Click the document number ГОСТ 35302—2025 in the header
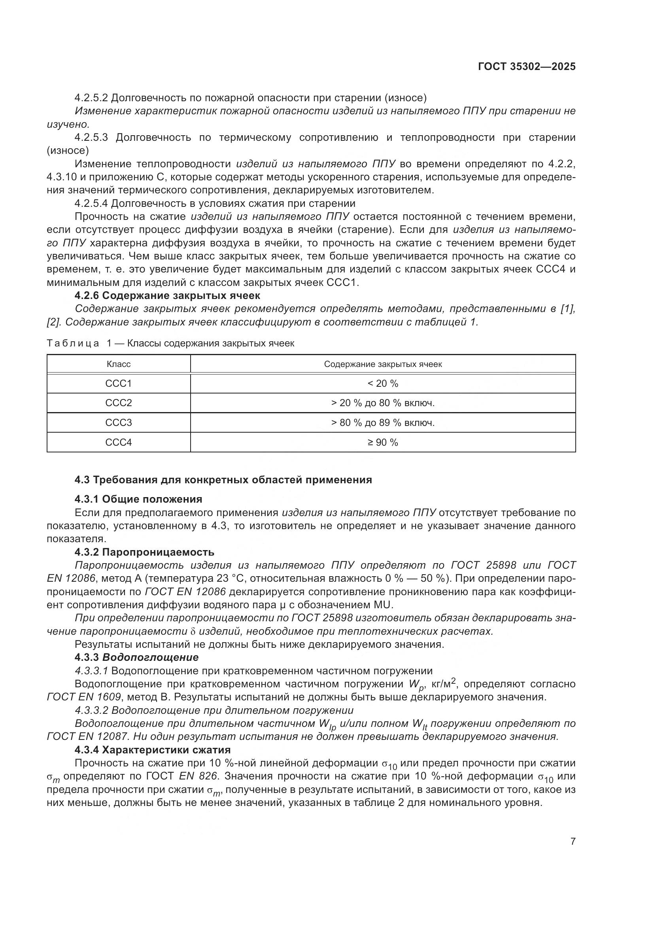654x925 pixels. coord(526,66)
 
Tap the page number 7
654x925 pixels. coord(573,842)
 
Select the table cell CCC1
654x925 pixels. coord(118,384)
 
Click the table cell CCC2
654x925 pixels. coord(118,403)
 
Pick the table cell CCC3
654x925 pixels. coord(118,423)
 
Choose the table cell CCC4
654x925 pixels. coord(118,443)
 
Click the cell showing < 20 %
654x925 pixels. coord(383,384)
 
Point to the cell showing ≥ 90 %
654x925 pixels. coord(383,443)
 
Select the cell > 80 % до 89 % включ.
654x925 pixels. coord(383,423)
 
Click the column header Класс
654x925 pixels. coord(118,364)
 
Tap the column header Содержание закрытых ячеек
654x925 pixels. coord(383,364)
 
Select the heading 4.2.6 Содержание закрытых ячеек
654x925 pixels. coord(167,295)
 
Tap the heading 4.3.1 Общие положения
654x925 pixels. coord(138,499)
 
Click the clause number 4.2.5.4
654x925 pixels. coord(91,203)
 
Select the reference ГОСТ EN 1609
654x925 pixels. coord(84,697)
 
